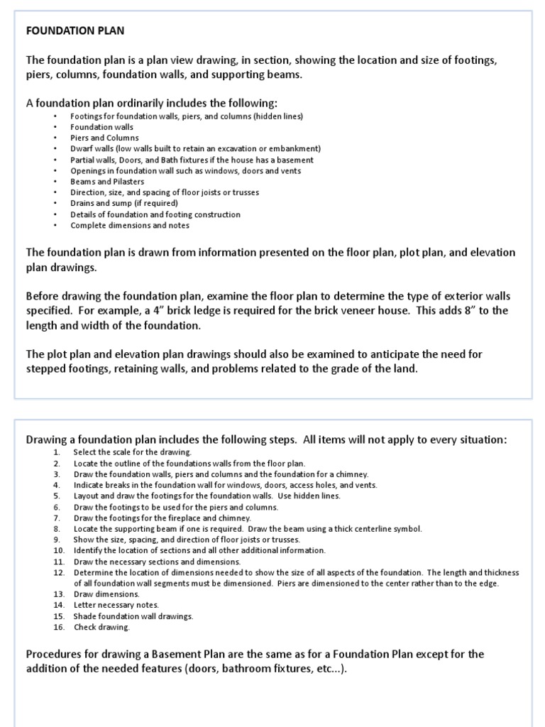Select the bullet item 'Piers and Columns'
(104, 138)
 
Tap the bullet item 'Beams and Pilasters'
(107, 182)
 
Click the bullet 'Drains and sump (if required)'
(124, 204)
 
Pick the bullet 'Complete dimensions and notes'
(129, 226)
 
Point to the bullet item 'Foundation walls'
(101, 127)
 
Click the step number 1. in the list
(57, 452)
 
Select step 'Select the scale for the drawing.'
(133, 452)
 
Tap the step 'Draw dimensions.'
(106, 594)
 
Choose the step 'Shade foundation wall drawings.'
(133, 616)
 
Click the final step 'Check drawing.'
(101, 627)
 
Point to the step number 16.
(59, 627)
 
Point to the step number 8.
(57, 528)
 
